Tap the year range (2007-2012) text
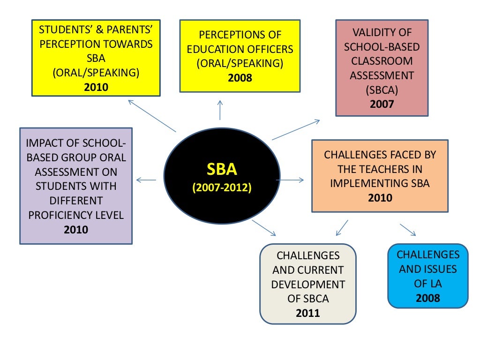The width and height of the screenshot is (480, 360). tap(222, 187)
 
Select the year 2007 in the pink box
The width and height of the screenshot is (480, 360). tap(382, 104)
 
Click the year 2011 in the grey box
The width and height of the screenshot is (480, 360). tap(307, 313)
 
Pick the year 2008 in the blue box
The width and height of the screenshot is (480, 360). tap(428, 298)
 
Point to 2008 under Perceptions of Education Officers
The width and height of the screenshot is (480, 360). tap(240, 77)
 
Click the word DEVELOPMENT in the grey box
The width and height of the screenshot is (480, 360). tap(308, 285)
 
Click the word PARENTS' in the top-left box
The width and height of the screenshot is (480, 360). tap(130, 30)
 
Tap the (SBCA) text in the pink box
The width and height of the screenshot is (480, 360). tap(382, 90)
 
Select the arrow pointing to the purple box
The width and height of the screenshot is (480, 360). tap(145, 180)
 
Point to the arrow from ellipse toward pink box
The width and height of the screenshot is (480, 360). tap(295, 130)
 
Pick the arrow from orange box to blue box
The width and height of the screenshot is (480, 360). tap(407, 229)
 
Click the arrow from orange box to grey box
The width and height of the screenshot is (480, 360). tap(342, 227)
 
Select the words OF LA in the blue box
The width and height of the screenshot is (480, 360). tap(428, 284)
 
